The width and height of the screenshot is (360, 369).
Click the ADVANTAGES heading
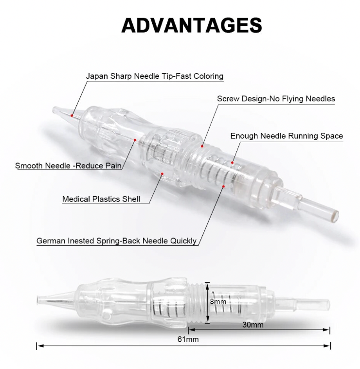coord(192,25)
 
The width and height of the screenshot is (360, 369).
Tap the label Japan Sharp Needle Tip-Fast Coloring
coord(155,76)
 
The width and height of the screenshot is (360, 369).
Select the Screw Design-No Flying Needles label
coord(276,99)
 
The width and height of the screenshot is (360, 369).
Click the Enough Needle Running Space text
coord(287,136)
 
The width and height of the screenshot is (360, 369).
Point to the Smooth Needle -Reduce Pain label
coord(68,166)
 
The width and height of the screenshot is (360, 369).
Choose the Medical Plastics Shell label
coord(101,199)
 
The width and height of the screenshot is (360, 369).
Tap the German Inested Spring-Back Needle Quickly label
coord(116,241)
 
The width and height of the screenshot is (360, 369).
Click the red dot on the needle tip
coord(72,115)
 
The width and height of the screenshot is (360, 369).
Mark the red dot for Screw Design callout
coord(202,146)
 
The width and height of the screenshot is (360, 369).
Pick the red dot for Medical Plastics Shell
coord(162,174)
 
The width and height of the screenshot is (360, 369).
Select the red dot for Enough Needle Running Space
coord(232,163)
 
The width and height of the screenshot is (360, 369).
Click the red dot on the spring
coord(223,186)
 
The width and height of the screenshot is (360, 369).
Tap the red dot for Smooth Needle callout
coord(135,140)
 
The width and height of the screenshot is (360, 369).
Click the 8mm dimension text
coord(218,301)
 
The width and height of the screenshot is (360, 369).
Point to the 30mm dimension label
coord(253,325)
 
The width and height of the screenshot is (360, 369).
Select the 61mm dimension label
coord(188,339)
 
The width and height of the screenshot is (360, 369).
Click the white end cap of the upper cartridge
coord(335,215)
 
